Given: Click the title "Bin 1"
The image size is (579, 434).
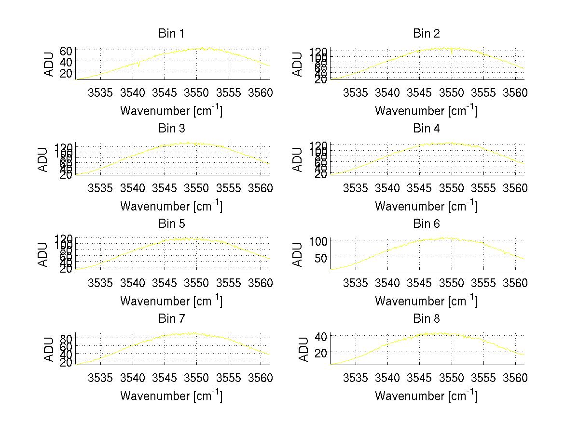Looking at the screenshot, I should click(x=171, y=34).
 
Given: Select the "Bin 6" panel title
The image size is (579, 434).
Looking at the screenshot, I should click(x=427, y=224).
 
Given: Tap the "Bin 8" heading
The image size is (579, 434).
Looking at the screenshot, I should click(x=427, y=319).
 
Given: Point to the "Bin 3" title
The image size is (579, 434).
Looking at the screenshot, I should click(x=171, y=129).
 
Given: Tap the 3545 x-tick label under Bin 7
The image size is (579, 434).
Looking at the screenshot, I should click(x=165, y=378).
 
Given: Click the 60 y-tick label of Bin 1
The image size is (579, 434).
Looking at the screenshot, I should click(x=66, y=51).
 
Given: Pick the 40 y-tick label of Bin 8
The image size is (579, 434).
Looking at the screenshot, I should click(x=321, y=335).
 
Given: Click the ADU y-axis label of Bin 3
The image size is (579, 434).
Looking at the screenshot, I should click(x=43, y=159).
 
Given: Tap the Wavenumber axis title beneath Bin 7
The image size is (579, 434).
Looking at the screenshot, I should click(x=171, y=396).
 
